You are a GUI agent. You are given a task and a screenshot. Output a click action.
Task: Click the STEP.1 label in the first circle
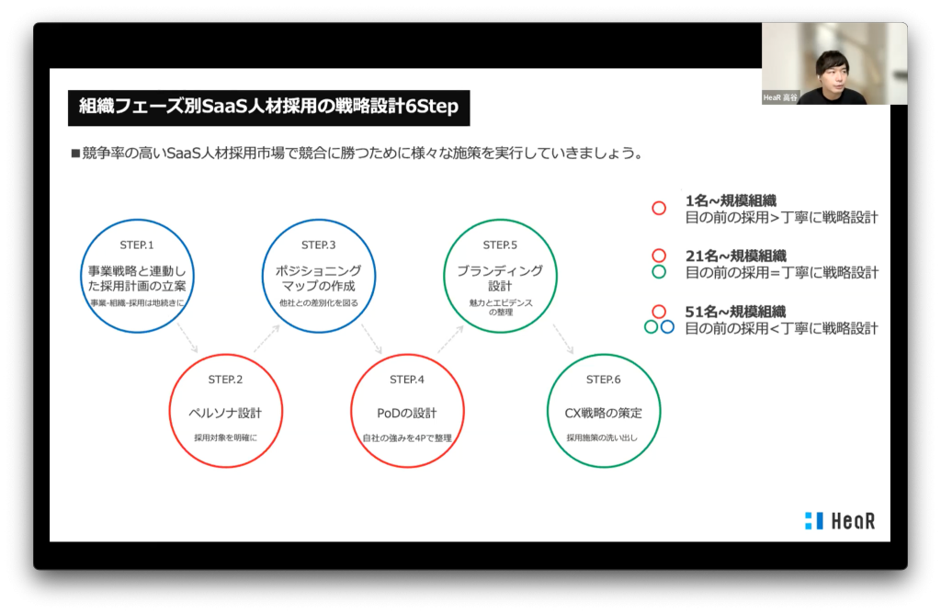137,244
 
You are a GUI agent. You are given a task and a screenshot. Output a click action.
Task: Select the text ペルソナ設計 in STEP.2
225,413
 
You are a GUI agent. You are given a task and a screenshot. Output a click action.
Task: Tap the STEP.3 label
319,244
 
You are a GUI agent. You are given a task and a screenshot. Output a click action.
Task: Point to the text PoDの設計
407,413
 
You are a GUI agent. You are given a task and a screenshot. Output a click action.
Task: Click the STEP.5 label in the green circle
500,244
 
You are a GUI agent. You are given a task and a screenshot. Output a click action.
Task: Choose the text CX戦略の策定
603,413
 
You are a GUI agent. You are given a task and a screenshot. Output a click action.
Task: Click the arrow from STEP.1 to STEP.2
187,338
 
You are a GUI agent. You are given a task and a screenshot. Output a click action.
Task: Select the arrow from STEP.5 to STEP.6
563,339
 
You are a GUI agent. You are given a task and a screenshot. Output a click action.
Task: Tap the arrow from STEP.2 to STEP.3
266,338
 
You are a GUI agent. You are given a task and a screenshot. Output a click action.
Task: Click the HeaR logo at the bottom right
840,520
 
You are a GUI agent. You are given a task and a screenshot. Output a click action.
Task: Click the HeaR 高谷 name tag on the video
780,97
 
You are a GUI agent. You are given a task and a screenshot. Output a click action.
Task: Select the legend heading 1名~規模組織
731,200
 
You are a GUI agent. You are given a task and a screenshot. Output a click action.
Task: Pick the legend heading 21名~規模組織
736,256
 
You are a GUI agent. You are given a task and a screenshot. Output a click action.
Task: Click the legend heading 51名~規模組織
735,312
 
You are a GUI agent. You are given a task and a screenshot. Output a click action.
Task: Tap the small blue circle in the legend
667,327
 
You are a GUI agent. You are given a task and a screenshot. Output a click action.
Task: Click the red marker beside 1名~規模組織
659,209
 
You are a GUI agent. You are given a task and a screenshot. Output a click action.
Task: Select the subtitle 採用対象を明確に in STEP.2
225,438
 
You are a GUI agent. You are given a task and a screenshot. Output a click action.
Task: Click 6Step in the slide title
432,107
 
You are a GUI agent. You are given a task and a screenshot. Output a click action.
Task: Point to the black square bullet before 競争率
75,153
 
